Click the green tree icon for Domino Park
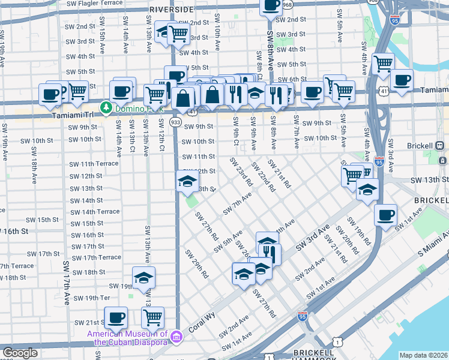(x=107, y=107)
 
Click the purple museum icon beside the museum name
(x=175, y=338)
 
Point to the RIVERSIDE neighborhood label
(x=172, y=10)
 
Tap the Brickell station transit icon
(x=439, y=146)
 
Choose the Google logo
(x=20, y=353)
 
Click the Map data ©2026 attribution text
(x=423, y=355)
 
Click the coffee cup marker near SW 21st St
(x=116, y=316)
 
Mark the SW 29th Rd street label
(x=197, y=263)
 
